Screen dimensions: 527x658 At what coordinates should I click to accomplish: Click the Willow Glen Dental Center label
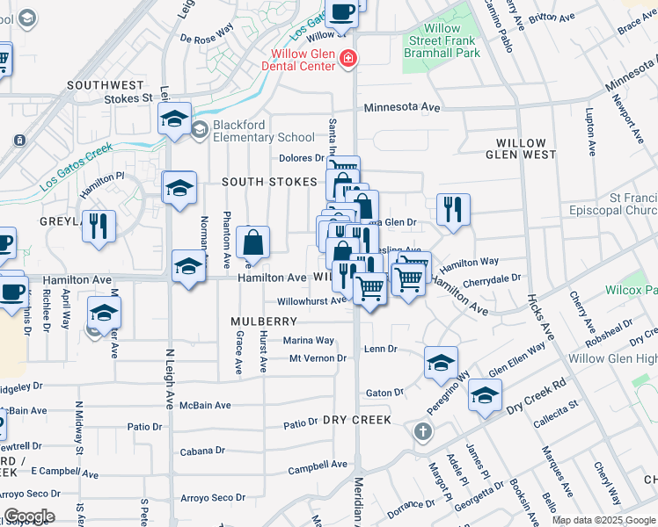pyautogui.click(x=303, y=65)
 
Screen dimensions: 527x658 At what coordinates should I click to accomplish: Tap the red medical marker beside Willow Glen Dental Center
pyautogui.click(x=349, y=59)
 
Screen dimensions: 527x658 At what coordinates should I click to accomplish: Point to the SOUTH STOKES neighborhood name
pyautogui.click(x=269, y=182)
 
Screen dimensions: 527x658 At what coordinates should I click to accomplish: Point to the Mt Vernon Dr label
pyautogui.click(x=318, y=358)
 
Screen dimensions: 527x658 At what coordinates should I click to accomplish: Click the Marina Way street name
pyautogui.click(x=308, y=341)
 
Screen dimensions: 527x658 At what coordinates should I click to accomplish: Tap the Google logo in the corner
pyautogui.click(x=29, y=516)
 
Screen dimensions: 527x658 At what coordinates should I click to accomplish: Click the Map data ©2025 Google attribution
pyautogui.click(x=603, y=520)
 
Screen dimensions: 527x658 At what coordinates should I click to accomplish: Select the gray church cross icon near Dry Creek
pyautogui.click(x=423, y=432)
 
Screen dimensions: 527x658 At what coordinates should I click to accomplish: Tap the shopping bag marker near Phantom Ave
pyautogui.click(x=252, y=242)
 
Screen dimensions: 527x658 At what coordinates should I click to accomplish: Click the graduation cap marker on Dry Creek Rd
pyautogui.click(x=485, y=395)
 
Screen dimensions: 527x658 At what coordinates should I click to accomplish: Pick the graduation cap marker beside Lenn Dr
pyautogui.click(x=442, y=362)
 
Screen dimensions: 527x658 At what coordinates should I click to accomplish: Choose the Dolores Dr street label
pyautogui.click(x=302, y=158)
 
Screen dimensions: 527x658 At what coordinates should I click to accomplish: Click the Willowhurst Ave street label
pyautogui.click(x=312, y=300)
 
